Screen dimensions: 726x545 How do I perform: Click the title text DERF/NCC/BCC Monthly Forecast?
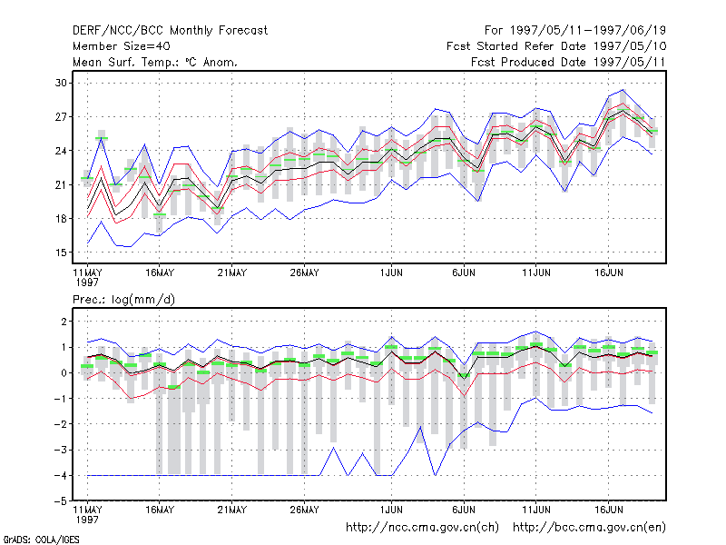click(x=170, y=31)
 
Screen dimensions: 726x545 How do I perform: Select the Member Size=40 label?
click(x=122, y=46)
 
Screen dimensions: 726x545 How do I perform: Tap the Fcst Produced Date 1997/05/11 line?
click(x=568, y=62)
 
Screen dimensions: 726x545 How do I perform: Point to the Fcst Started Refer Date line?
click(x=556, y=46)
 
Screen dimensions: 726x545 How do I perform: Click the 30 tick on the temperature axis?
click(x=61, y=83)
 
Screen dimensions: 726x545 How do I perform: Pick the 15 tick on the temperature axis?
click(x=61, y=253)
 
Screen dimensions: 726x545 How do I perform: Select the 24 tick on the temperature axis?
click(x=61, y=151)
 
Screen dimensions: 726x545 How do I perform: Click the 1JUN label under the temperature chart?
click(x=391, y=272)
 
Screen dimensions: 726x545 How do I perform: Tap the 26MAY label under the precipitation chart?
click(x=304, y=510)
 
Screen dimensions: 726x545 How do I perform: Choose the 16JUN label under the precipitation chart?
click(x=608, y=510)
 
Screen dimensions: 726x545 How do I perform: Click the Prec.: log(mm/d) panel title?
click(x=123, y=300)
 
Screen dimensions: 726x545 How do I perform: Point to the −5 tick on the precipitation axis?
click(x=61, y=501)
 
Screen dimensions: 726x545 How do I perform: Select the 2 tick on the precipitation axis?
click(x=64, y=322)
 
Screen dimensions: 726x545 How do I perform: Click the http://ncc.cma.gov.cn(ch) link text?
click(x=422, y=528)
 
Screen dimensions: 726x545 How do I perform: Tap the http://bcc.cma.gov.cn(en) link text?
click(x=589, y=528)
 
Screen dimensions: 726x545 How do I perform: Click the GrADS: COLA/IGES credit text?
click(x=42, y=540)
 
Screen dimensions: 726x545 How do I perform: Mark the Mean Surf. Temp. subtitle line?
click(x=154, y=62)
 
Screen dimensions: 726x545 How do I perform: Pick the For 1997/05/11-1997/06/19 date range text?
click(x=575, y=31)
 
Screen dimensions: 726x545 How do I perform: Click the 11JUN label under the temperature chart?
click(x=536, y=272)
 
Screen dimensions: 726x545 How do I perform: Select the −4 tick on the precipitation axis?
click(x=61, y=475)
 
